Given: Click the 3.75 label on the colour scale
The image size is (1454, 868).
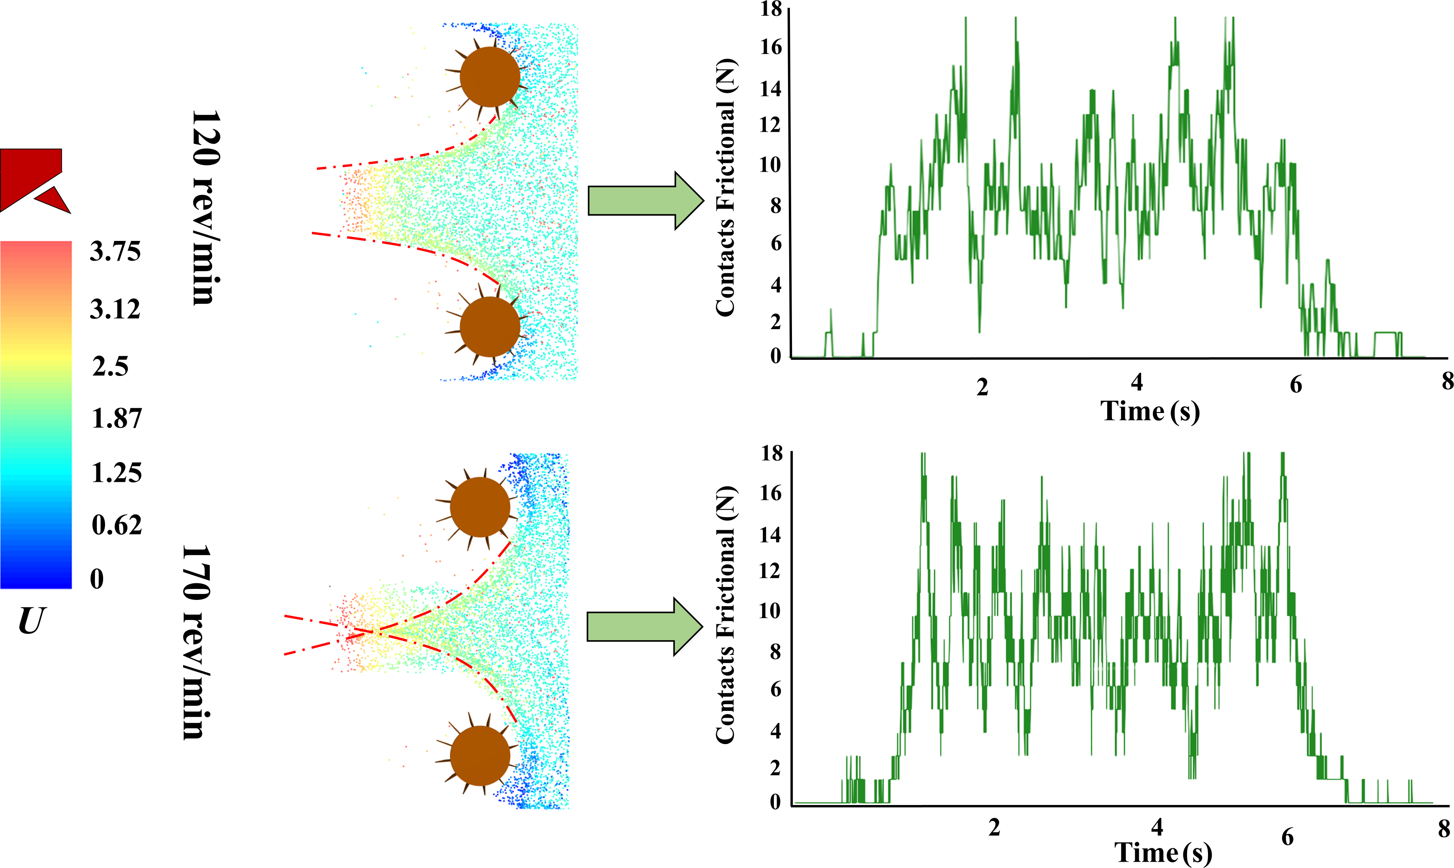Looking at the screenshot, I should click(115, 252).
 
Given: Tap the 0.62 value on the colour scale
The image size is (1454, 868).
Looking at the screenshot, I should click(117, 525).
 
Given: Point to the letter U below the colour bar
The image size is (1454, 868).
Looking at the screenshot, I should click(31, 621).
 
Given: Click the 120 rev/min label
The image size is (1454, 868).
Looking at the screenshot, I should click(206, 207).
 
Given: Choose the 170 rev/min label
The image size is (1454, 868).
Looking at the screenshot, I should click(196, 642).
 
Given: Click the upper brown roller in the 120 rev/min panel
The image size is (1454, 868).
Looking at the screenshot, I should click(490, 77).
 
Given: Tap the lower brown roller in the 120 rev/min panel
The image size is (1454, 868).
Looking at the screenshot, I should click(490, 326).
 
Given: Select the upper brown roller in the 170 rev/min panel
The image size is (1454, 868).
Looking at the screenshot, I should click(479, 507).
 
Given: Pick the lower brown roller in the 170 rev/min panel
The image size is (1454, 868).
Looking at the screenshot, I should click(479, 756).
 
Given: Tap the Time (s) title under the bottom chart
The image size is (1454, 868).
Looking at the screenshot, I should click(1163, 852).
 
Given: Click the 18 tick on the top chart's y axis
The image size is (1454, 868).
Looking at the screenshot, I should click(771, 9).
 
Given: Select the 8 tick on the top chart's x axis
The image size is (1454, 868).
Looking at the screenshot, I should click(1447, 381).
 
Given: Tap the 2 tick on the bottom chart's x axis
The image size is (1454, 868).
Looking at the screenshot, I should click(994, 827).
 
